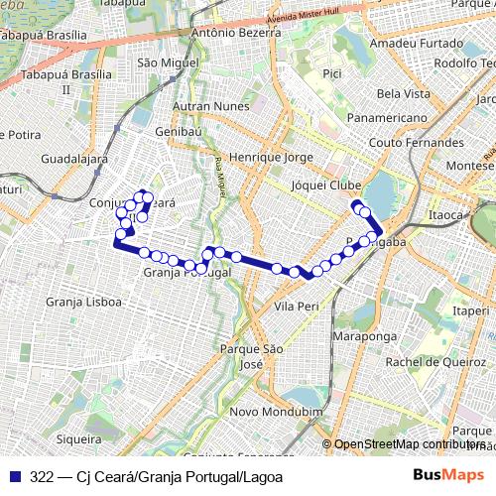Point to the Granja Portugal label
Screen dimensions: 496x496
tap(187, 273)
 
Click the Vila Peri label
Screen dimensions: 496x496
tap(296, 306)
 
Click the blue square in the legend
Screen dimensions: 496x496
tap(15, 476)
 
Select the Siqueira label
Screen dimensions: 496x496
tap(79, 437)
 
